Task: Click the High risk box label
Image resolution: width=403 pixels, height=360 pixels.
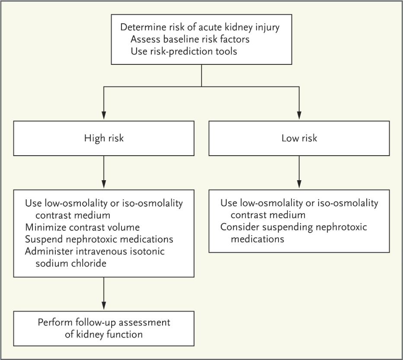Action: point(104,138)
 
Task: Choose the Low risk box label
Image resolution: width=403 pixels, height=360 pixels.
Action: point(299,138)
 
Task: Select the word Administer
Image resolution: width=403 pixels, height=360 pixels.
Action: point(48,252)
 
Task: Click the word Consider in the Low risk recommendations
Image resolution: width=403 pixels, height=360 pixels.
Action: point(238,227)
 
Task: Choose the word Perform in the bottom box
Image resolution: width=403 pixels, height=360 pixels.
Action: point(55,322)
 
